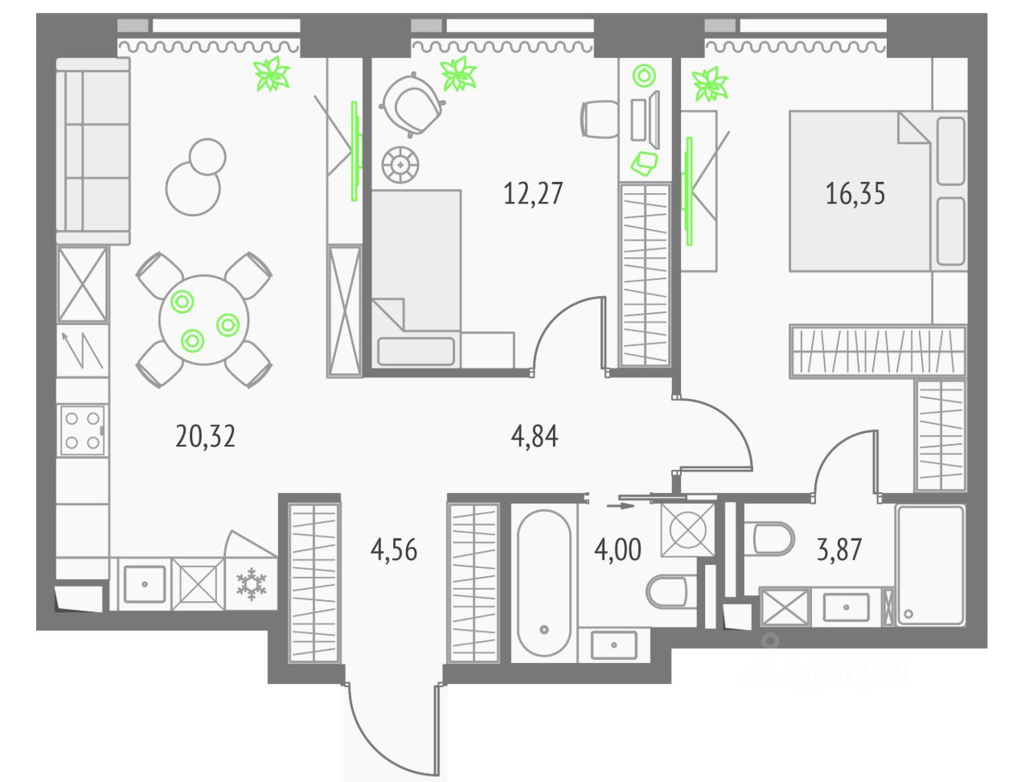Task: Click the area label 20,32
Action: [x=205, y=436]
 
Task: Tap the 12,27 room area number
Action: [x=533, y=193]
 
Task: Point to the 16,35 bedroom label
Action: [x=855, y=194]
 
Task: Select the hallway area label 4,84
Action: [x=535, y=436]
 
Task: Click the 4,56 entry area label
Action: [x=394, y=550]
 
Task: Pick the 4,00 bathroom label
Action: [x=617, y=550]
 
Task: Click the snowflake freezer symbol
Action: [x=251, y=584]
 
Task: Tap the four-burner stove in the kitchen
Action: [x=82, y=430]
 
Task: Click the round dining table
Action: [x=203, y=319]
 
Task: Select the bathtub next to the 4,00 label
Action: [x=544, y=583]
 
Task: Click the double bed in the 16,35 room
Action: [x=860, y=191]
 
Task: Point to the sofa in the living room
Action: [x=93, y=150]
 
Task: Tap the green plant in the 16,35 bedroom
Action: [x=710, y=84]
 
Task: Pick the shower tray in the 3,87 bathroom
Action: [x=930, y=564]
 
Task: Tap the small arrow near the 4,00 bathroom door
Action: [x=619, y=506]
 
